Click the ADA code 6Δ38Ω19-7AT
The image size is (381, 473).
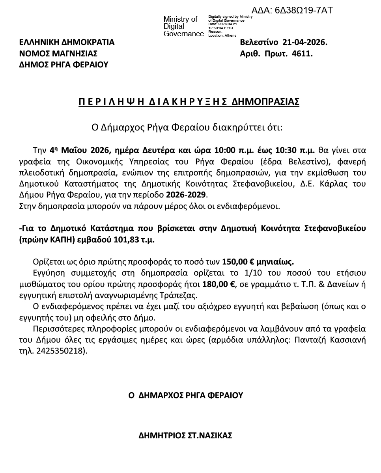292,10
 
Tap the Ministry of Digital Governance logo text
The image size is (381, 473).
183,26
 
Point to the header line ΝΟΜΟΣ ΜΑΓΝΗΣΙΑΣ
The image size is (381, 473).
58,54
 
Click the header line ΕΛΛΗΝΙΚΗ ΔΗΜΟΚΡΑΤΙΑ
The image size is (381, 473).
67,42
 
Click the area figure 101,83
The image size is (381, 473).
127,239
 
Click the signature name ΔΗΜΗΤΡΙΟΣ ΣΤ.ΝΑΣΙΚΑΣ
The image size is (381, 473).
185,436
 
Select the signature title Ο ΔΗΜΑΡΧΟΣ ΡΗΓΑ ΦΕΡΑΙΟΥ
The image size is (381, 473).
186,395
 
